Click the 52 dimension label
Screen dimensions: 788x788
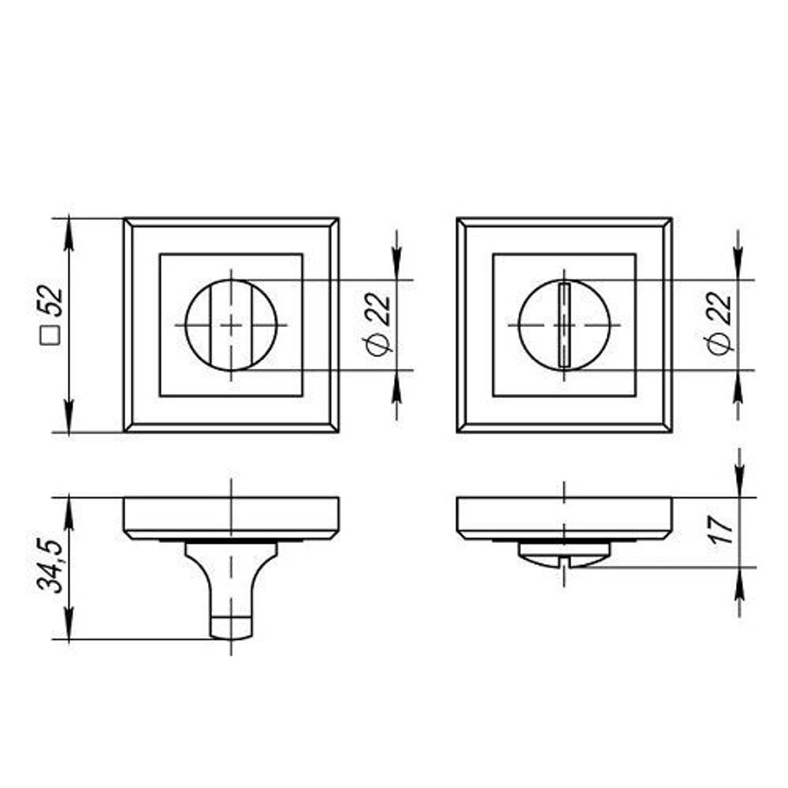coord(51,302)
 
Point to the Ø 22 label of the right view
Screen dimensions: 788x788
coord(719,324)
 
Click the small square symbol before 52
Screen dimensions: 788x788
coord(50,336)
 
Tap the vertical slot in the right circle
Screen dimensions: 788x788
coord(564,325)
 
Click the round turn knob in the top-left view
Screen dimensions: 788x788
coord(231,325)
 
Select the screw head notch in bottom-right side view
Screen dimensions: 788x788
coord(564,560)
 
